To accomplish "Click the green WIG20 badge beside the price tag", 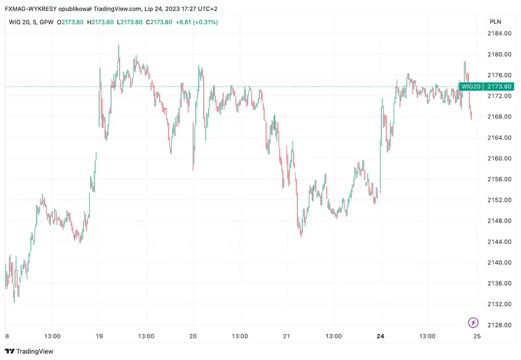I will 471,86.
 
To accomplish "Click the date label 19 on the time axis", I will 99,337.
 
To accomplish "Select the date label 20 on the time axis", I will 193,337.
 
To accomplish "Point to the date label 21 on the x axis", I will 287,337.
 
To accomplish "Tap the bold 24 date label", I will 380,337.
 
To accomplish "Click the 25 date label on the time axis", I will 477,337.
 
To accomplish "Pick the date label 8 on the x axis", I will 7,337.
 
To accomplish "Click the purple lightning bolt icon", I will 473,322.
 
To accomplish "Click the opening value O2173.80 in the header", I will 70,22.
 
